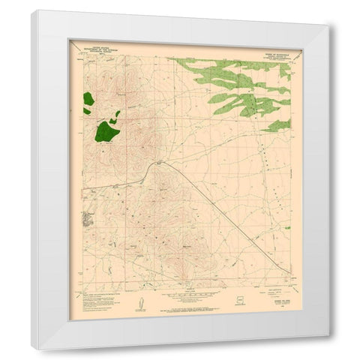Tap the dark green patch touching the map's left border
pos(88,99)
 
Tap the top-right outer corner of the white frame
pos(328,25)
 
